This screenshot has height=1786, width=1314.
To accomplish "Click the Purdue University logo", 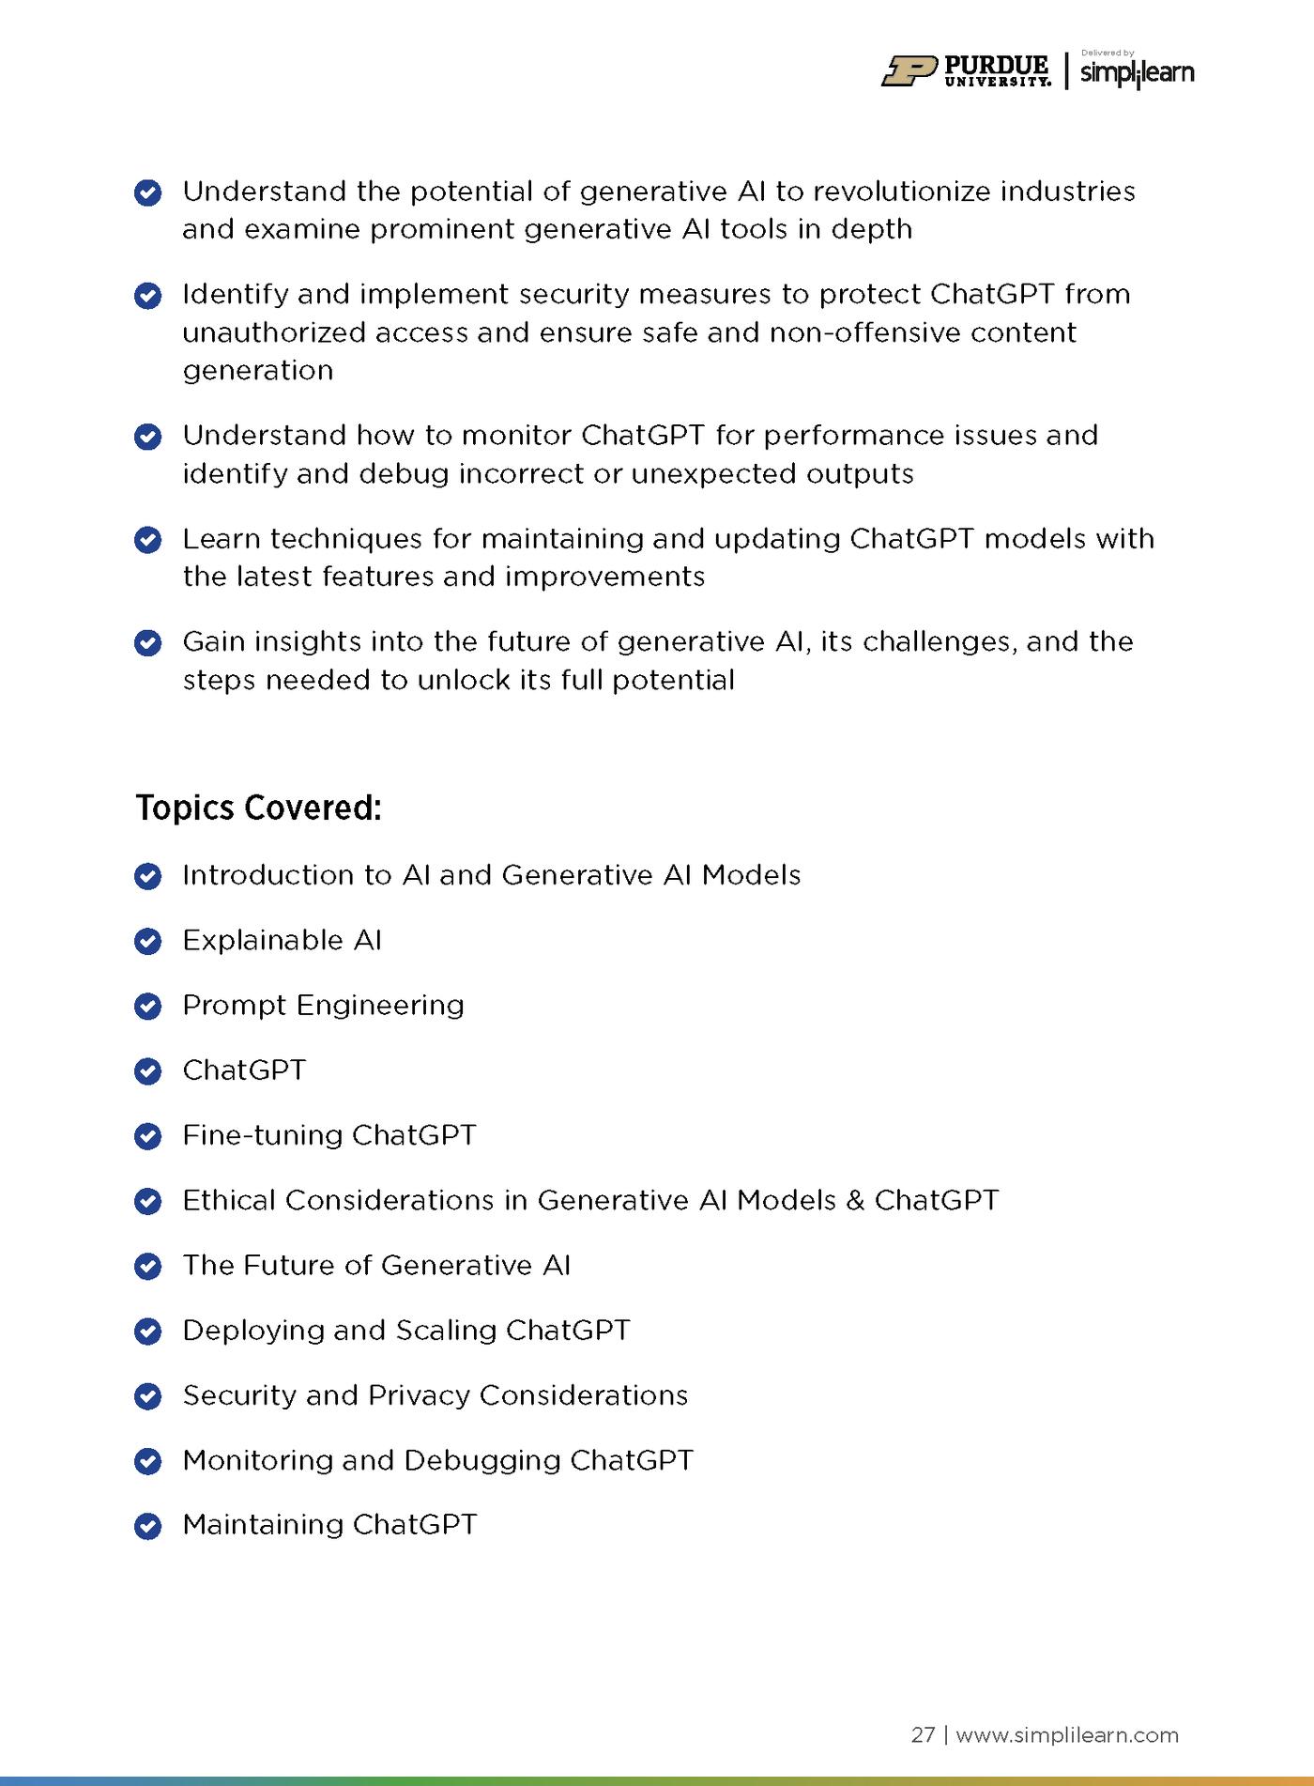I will click(x=966, y=71).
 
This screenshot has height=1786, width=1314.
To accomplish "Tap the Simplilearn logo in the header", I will click(x=1137, y=72).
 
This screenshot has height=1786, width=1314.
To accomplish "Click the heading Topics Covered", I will click(x=258, y=808).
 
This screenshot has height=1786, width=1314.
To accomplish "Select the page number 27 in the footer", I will click(x=923, y=1734).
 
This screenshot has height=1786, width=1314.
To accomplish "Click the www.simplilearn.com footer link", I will click(x=1067, y=1734).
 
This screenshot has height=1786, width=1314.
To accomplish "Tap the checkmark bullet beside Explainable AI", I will click(x=148, y=941).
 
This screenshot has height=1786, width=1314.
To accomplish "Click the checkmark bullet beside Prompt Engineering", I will click(x=148, y=1006).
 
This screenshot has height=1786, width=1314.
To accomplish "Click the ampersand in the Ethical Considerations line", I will click(x=854, y=1200).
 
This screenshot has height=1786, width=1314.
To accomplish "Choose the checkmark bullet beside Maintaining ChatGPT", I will click(x=148, y=1526).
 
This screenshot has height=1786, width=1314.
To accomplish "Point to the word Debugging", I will click(x=481, y=1461).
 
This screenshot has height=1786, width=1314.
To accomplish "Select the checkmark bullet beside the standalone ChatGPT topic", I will click(x=148, y=1071).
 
